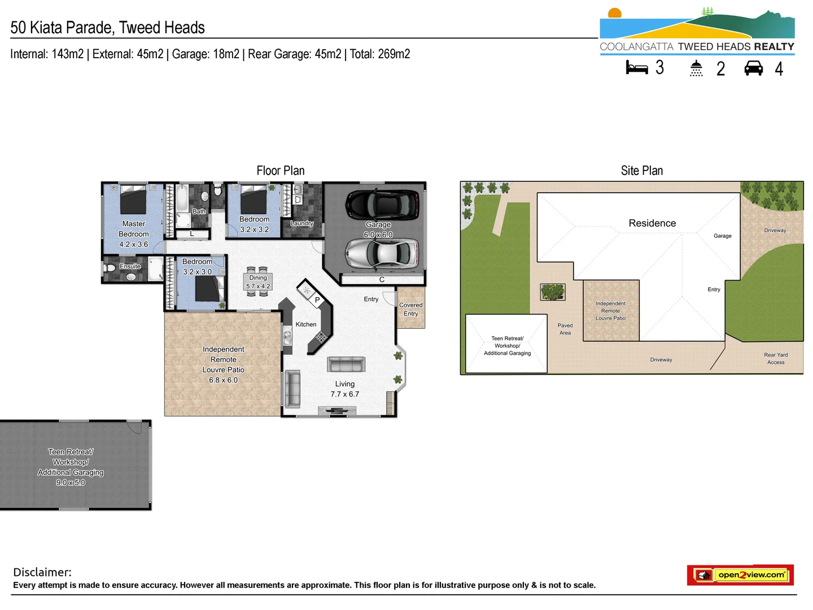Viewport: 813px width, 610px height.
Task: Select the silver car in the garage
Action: (382, 253)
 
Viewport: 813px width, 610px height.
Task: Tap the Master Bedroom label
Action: (134, 229)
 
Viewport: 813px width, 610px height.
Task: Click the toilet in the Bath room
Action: (218, 192)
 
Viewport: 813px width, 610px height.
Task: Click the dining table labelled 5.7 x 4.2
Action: (259, 281)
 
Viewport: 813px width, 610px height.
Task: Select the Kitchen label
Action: (305, 324)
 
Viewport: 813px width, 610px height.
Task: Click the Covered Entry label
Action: (410, 309)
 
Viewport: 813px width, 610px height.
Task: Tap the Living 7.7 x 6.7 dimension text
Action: (344, 394)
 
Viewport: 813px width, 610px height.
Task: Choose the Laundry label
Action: (301, 223)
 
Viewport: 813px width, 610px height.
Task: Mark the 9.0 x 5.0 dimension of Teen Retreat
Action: (71, 482)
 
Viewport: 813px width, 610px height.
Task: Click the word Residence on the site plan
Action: (652, 223)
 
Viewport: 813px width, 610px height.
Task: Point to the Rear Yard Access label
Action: (776, 359)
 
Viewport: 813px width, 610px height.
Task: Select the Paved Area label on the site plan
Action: (565, 329)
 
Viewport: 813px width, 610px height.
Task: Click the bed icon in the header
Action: (637, 68)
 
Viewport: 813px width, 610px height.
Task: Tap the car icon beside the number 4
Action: (754, 68)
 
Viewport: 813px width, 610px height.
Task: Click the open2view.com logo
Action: (740, 575)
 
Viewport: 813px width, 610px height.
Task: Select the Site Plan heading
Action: (641, 171)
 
